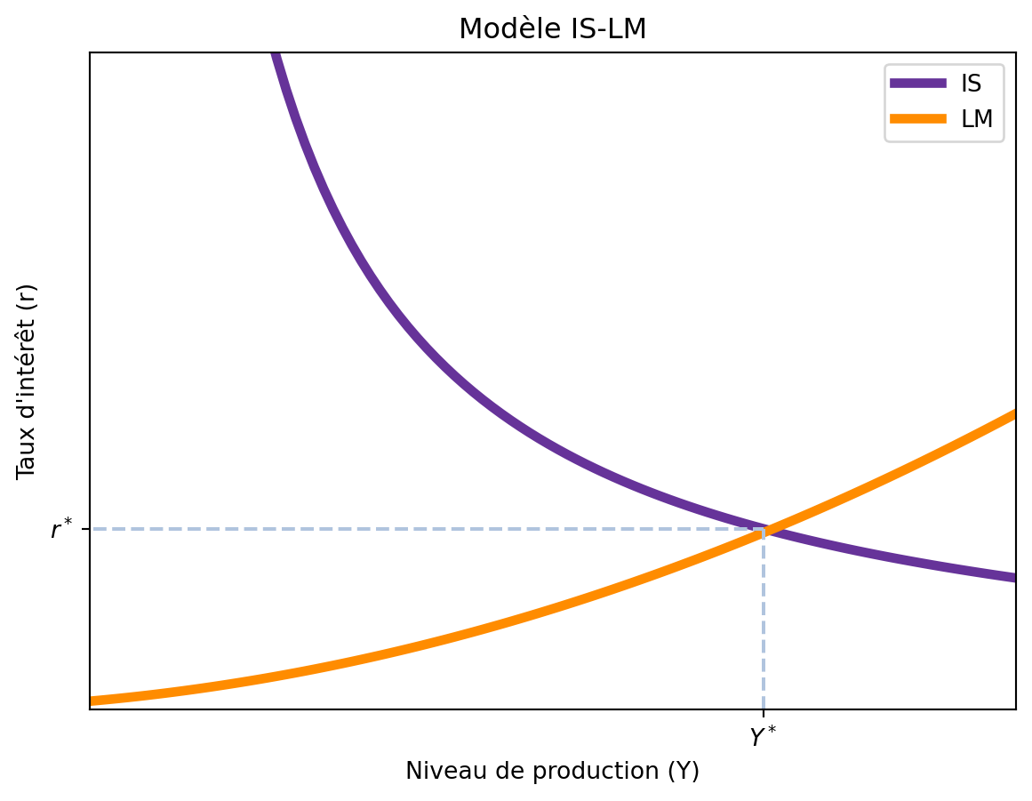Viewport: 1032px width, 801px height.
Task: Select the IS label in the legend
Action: click(971, 84)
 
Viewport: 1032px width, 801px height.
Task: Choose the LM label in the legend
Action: click(977, 119)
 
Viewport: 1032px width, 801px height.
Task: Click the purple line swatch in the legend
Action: click(918, 84)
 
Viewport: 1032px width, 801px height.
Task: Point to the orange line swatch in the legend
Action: click(918, 119)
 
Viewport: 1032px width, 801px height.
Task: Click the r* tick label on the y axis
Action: click(61, 531)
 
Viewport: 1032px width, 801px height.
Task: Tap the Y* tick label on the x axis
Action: click(763, 737)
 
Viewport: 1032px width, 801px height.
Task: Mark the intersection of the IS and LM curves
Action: click(764, 531)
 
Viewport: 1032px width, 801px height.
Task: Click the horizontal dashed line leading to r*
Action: click(427, 529)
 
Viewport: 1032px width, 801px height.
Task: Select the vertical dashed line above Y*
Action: click(764, 622)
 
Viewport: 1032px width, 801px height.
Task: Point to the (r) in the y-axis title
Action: click(28, 296)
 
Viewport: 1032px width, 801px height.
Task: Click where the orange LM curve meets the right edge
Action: click(1013, 414)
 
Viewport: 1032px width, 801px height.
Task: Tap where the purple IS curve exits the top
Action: click(275, 55)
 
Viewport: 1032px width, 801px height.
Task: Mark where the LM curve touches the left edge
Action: click(92, 701)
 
